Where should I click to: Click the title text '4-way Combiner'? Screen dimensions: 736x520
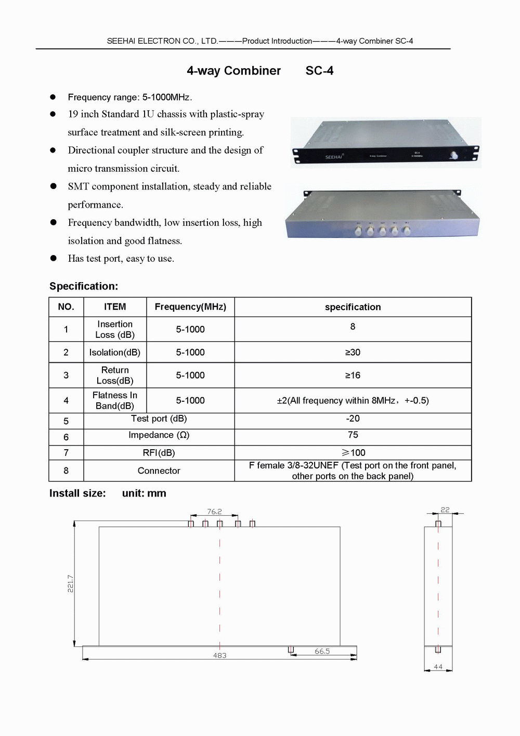(233, 71)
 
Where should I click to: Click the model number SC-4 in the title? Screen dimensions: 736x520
(319, 71)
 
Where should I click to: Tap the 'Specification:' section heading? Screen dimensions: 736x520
(84, 286)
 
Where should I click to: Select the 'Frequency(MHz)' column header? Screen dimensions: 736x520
(190, 307)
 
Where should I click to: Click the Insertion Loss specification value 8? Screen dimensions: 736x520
(353, 326)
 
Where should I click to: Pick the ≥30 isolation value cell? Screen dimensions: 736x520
(353, 352)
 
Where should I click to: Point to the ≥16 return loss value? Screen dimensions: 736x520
(353, 375)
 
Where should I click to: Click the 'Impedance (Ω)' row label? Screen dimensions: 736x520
(159, 435)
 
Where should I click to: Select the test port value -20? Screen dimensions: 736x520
(353, 418)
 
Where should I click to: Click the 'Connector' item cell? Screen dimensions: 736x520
(159, 471)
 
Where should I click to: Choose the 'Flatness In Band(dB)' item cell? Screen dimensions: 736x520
(115, 400)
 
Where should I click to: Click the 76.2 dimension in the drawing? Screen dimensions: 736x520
(214, 512)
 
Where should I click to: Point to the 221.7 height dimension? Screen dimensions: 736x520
(70, 583)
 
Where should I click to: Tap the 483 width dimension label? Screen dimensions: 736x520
(219, 655)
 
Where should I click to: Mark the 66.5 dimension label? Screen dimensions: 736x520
(322, 651)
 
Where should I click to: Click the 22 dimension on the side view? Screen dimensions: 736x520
(445, 510)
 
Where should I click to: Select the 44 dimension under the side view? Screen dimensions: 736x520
(438, 667)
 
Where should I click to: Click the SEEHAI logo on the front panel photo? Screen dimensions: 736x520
(334, 157)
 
